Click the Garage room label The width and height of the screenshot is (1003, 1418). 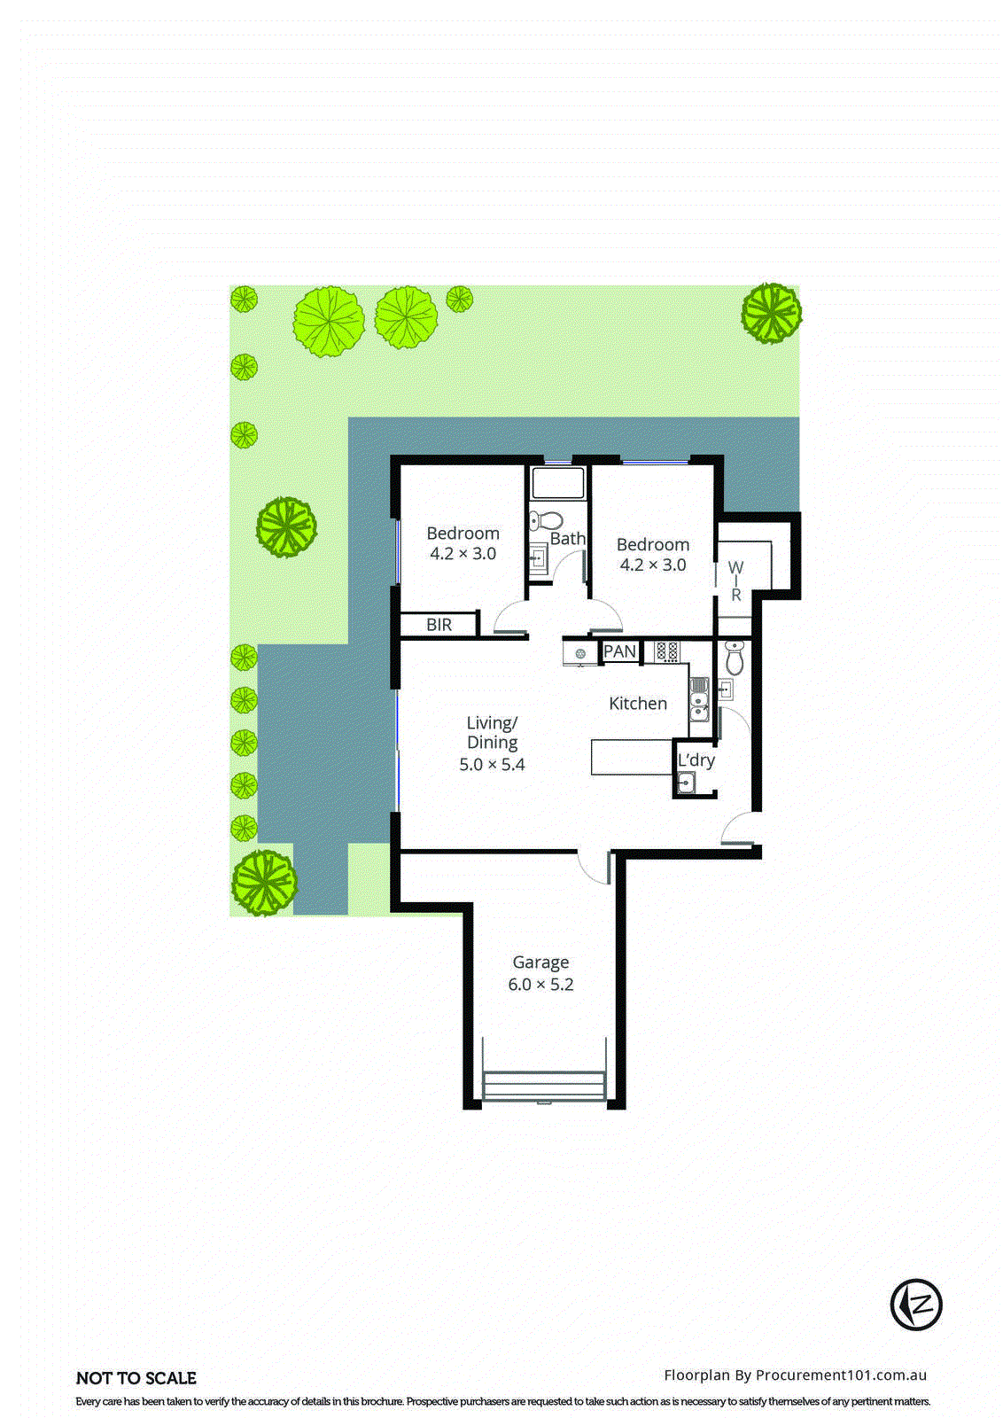(x=540, y=962)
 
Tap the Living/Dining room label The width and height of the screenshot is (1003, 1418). (x=492, y=733)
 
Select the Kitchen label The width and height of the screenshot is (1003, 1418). (x=638, y=704)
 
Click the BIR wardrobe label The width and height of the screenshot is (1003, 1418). (x=439, y=625)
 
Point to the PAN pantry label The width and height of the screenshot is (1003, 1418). (x=619, y=651)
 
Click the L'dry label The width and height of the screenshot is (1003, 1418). (x=696, y=760)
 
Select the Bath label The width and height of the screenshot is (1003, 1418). (x=568, y=539)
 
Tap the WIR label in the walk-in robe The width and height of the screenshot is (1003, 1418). (x=735, y=580)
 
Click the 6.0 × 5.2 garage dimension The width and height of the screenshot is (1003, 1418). (x=540, y=985)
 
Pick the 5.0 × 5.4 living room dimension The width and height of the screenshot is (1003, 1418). (x=492, y=765)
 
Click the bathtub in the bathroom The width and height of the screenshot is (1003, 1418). (x=558, y=484)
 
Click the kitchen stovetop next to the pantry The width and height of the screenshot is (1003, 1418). (x=667, y=652)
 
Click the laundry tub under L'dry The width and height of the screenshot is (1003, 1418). (x=685, y=783)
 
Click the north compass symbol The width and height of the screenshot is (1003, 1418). (x=916, y=1304)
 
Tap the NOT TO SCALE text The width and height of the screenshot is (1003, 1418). (x=136, y=1378)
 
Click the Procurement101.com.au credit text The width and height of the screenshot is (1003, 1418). (x=795, y=1375)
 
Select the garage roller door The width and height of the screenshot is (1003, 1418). (x=544, y=1087)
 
